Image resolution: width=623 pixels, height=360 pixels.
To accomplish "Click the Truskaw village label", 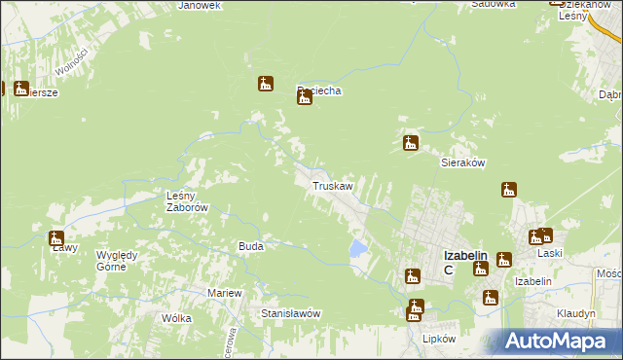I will tap(331, 185).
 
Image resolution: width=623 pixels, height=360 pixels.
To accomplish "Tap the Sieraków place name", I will tap(463, 163).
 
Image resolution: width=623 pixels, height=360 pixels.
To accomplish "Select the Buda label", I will tap(251, 247).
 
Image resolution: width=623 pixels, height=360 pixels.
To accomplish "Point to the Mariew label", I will tap(224, 293).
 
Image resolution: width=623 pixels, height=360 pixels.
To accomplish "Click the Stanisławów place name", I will tap(291, 314).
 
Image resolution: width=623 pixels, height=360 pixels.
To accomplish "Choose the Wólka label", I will tap(177, 318).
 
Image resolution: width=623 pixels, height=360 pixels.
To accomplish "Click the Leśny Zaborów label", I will tap(183, 201).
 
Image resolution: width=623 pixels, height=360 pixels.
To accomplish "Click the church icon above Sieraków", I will tap(411, 143).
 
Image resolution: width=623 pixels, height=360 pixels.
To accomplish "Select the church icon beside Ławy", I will tap(56, 238).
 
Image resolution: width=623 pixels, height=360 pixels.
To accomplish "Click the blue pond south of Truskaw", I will tap(357, 249).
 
